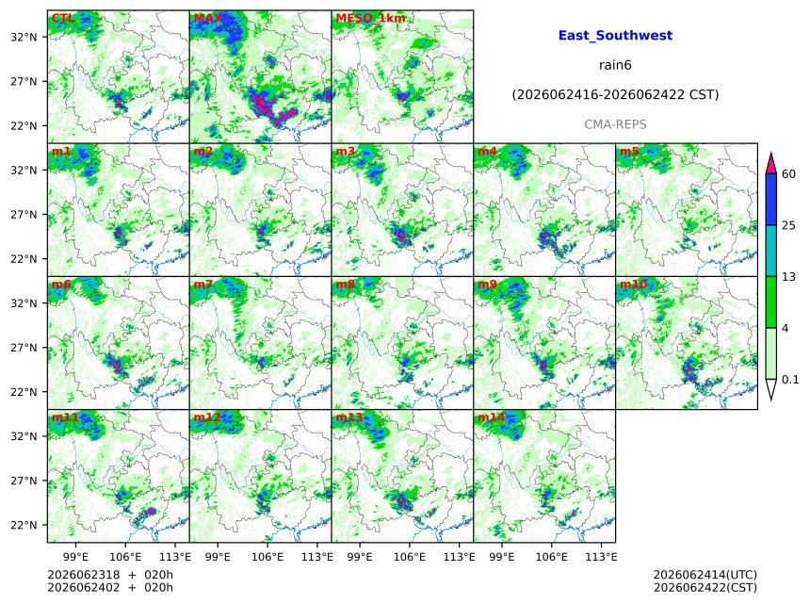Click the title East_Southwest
(615, 35)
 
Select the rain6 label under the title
(615, 65)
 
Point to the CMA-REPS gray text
(615, 124)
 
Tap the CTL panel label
(62, 18)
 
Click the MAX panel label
(207, 18)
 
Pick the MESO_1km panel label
(370, 19)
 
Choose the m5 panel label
(629, 151)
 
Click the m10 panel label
(633, 285)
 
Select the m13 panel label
(348, 417)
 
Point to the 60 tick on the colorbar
(788, 173)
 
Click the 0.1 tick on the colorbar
(790, 380)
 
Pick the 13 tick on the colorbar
(788, 277)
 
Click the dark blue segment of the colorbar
(770, 200)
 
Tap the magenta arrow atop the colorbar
(770, 164)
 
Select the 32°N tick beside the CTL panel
(24, 37)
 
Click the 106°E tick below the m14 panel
(552, 557)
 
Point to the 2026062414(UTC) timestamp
(705, 575)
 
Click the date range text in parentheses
(615, 94)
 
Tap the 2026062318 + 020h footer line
(110, 575)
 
